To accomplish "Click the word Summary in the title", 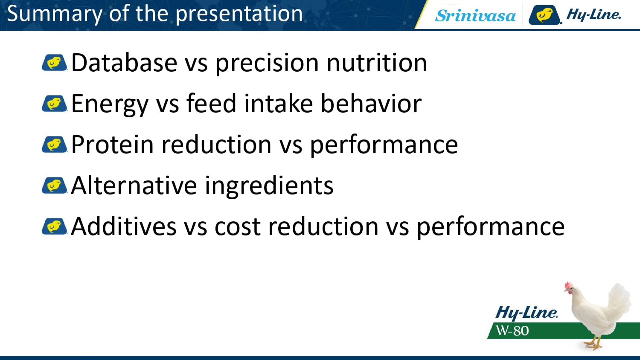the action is point(55,14).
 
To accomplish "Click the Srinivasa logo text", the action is point(475,15).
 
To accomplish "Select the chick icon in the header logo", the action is point(544,15).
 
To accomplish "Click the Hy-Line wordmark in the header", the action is point(593,14).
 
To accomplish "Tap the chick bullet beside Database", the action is point(54,62).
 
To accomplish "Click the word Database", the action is point(124,63).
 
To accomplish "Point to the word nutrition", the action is point(377,63).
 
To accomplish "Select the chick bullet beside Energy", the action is point(54,103).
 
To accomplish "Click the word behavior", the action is point(371,103).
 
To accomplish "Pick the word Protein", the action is point(112,144).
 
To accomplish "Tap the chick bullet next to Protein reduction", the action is point(54,144).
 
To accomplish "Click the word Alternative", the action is point(134,185).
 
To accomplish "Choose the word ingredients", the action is point(269,186).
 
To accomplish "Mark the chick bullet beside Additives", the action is point(54,226).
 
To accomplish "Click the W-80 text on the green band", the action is point(512,331).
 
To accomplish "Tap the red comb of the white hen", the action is point(568,285).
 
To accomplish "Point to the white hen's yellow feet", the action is point(593,344).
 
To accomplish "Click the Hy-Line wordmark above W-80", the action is point(526,313).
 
